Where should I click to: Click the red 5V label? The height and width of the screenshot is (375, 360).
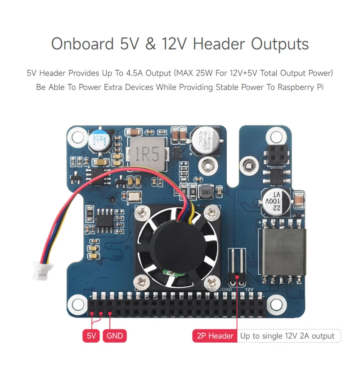click(x=91, y=335)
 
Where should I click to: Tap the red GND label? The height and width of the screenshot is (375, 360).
click(x=115, y=335)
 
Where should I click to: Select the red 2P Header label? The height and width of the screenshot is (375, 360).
click(x=215, y=335)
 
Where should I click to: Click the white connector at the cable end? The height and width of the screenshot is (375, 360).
click(x=40, y=271)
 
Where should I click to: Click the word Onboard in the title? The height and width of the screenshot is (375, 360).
click(x=82, y=44)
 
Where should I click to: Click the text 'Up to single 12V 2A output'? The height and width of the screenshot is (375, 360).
click(x=288, y=335)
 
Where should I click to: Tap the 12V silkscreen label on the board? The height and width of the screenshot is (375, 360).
click(x=251, y=290)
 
